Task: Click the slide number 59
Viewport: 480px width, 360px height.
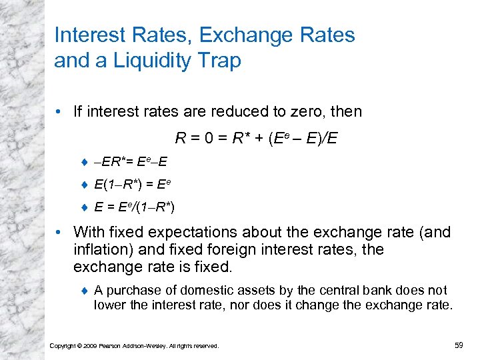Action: [x=458, y=345]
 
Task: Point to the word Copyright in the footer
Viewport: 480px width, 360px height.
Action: [x=64, y=345]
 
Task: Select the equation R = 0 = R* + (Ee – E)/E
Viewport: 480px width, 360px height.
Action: [x=256, y=139]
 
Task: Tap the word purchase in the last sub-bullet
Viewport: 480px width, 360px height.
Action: [x=128, y=291]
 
